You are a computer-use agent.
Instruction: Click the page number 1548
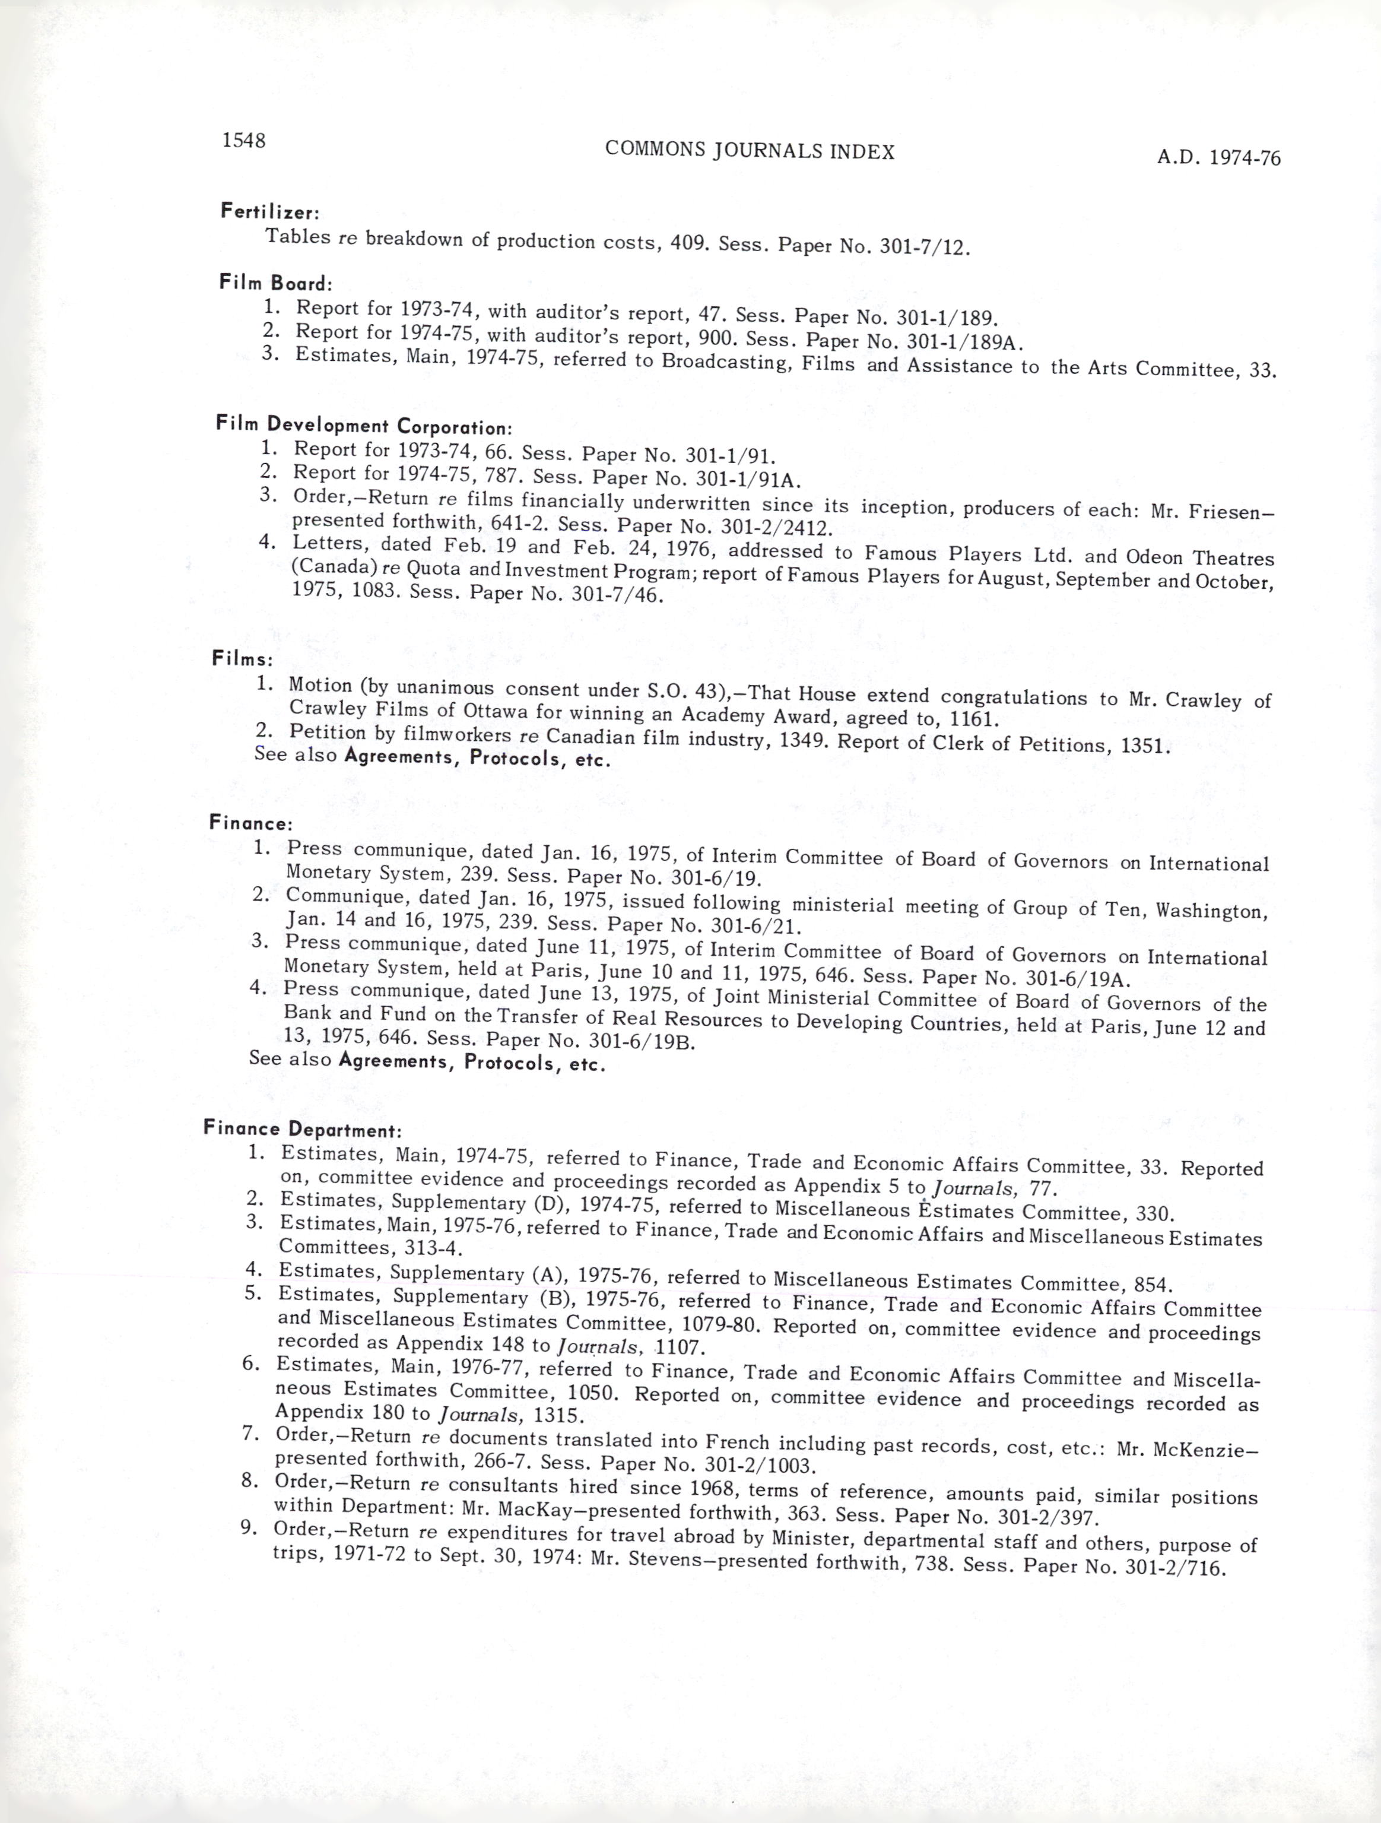243,140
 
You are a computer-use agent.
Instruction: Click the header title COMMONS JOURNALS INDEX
749,150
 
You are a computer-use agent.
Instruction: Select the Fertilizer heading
269,212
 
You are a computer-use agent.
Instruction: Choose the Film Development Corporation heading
363,425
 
